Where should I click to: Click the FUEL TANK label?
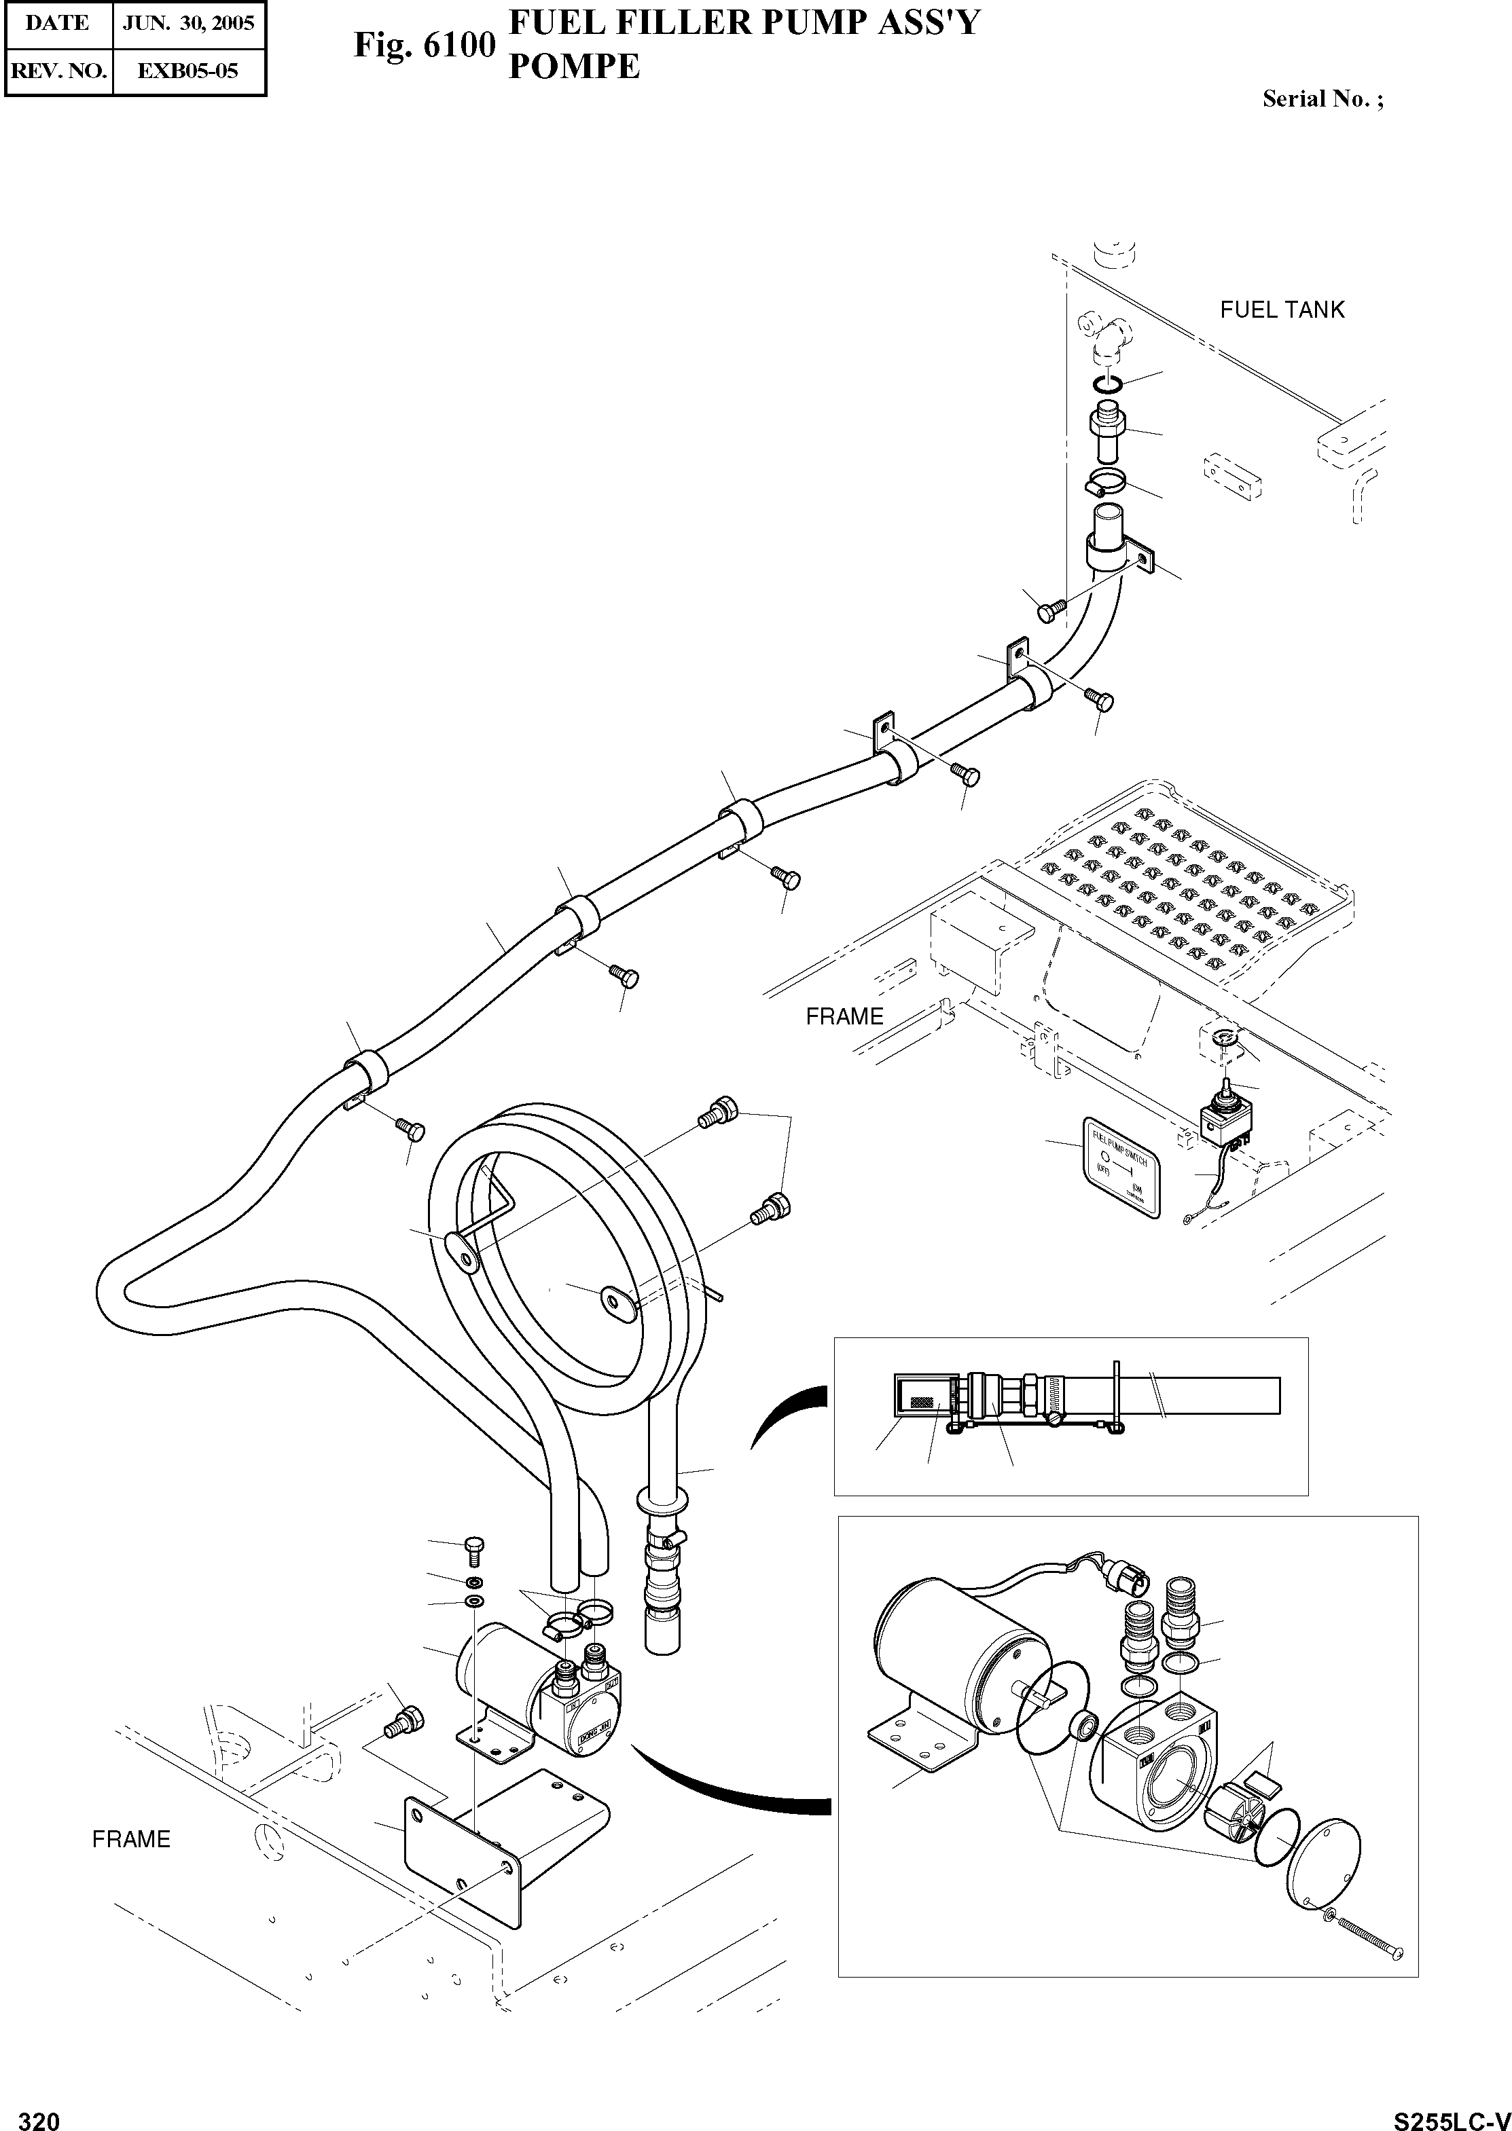(x=1282, y=310)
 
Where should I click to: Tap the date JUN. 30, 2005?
(x=188, y=23)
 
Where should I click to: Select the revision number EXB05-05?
(x=188, y=70)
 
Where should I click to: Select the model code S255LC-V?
(x=1452, y=2113)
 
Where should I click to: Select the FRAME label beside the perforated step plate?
(x=844, y=1017)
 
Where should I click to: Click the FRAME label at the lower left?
(x=131, y=1840)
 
